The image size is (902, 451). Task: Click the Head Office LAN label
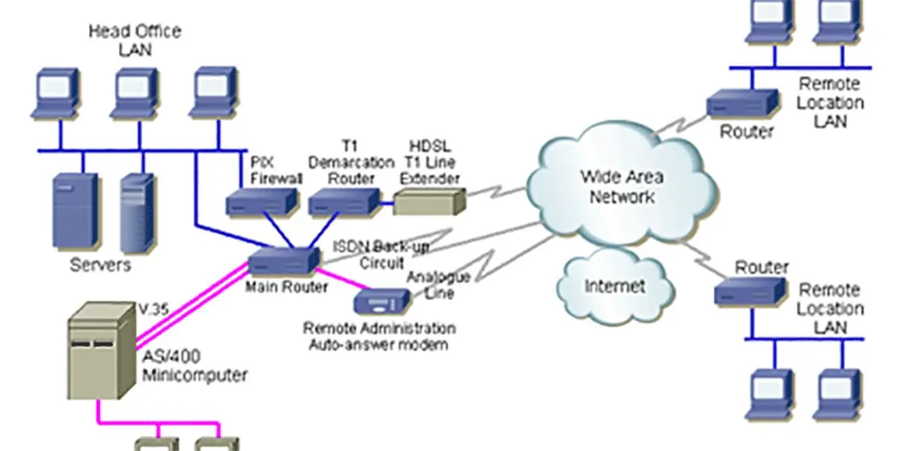(x=135, y=41)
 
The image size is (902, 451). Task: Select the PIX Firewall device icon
(x=262, y=201)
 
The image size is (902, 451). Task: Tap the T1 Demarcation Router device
(x=344, y=201)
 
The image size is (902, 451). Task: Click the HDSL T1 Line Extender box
(x=430, y=202)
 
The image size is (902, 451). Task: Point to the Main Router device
(x=284, y=261)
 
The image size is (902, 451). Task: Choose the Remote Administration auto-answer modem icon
(x=382, y=301)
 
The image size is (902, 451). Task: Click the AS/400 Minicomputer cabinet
(x=102, y=351)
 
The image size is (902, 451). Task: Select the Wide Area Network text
(x=622, y=187)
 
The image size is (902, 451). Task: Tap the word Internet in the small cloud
(x=615, y=286)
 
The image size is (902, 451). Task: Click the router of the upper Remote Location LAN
(x=743, y=103)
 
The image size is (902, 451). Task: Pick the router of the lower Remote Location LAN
(x=750, y=292)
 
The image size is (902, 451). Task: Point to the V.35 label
(x=154, y=309)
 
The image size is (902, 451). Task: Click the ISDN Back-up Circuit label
(x=381, y=255)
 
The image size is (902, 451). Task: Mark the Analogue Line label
(x=439, y=285)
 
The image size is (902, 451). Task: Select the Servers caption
(x=101, y=265)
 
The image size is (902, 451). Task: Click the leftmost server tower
(x=75, y=210)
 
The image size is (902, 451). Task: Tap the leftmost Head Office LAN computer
(x=55, y=94)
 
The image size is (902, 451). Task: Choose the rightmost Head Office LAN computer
(x=213, y=93)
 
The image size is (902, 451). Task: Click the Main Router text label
(x=286, y=286)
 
